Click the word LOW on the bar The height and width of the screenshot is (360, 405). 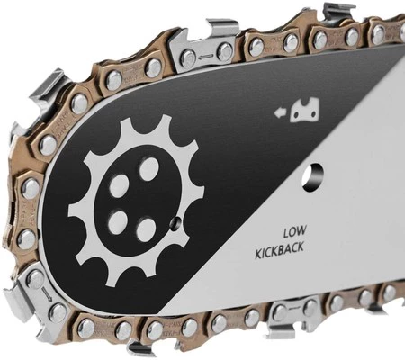click(295, 231)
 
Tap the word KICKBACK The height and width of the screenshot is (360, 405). click(279, 251)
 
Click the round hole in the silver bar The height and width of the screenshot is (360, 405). click(313, 178)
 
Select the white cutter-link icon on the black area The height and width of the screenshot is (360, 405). click(305, 111)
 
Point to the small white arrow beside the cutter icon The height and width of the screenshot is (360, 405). click(280, 113)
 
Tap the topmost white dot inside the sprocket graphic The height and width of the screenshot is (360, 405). click(149, 168)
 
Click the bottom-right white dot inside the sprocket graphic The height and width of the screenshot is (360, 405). click(147, 229)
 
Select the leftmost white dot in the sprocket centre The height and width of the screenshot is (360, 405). click(119, 186)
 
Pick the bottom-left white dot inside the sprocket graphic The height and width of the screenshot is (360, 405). click(118, 222)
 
